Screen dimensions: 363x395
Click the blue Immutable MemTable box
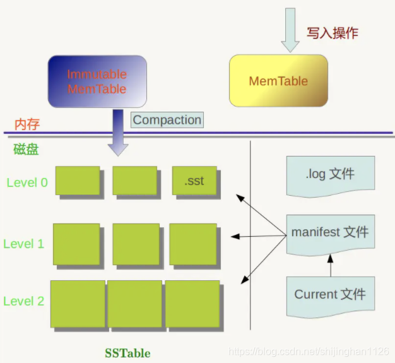97,81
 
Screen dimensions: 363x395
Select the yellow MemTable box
278,80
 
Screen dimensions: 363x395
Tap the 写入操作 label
332,33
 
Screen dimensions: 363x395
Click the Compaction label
167,120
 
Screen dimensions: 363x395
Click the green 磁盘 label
27,150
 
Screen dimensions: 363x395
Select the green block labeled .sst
194,181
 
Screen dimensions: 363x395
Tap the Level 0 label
27,183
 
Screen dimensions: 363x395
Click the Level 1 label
24,244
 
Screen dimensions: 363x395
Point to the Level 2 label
24,301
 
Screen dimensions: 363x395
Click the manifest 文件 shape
329,233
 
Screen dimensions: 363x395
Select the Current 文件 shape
329,295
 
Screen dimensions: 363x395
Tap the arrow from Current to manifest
329,265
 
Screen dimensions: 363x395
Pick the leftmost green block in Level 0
78,181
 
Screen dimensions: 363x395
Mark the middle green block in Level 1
136,243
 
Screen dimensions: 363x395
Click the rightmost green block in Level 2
192,304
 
